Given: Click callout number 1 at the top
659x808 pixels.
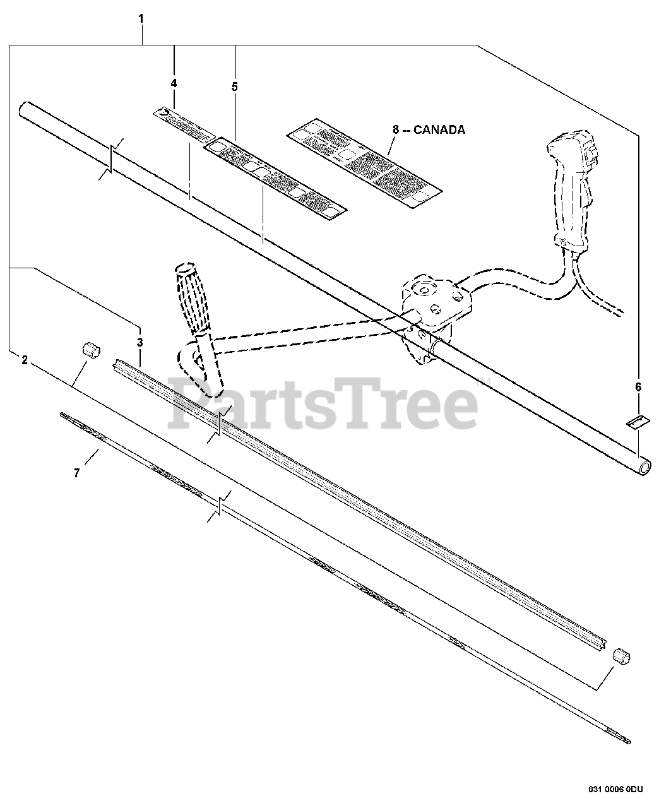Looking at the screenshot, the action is pos(141,19).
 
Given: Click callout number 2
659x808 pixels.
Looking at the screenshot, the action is pos(25,360).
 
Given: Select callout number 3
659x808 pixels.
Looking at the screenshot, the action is pos(140,342).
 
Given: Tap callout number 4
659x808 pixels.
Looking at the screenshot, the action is pos(174,83).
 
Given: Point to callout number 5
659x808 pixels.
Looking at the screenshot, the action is pos(235,87).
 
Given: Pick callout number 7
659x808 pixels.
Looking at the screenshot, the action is pos(77,472).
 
